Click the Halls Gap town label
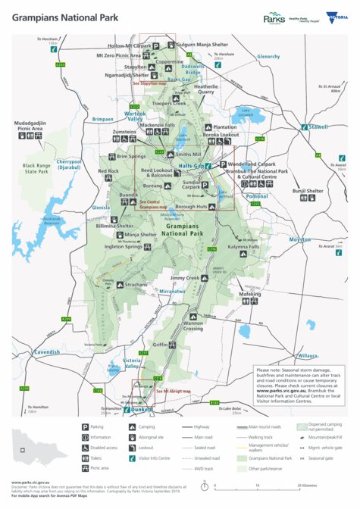[190, 165]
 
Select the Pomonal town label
[257, 196]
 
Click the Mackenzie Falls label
[157, 124]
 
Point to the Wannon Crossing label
[193, 326]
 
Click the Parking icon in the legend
[85, 427]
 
